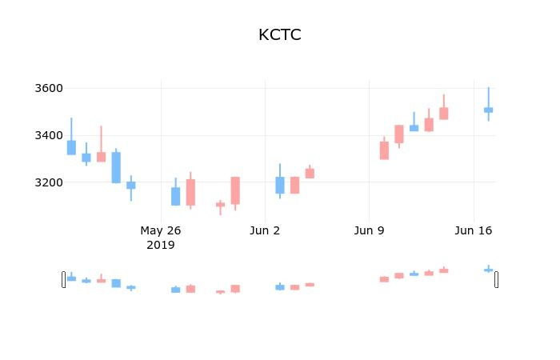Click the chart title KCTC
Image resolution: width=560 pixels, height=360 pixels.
(x=279, y=35)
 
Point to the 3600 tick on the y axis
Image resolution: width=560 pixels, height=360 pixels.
(x=49, y=88)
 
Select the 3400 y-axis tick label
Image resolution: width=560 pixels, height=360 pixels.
(x=49, y=135)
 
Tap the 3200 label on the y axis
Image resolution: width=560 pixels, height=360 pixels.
(x=49, y=182)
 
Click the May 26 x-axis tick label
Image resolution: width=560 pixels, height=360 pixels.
(x=161, y=231)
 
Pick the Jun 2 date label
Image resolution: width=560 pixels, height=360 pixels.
(x=265, y=231)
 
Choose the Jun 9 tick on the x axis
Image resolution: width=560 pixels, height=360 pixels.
(x=369, y=231)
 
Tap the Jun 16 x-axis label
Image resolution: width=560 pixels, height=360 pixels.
(x=473, y=231)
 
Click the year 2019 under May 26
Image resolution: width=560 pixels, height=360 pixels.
(x=161, y=245)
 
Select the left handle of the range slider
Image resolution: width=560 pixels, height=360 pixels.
(x=64, y=279)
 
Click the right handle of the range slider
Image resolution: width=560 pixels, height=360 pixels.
(x=496, y=279)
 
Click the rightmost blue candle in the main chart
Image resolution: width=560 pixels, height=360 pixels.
(x=488, y=110)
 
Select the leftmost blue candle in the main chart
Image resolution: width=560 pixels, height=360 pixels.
(x=71, y=147)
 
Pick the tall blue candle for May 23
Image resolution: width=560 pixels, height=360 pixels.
(x=116, y=167)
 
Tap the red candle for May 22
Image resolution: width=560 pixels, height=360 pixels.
(x=101, y=157)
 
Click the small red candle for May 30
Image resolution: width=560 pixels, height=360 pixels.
(x=220, y=205)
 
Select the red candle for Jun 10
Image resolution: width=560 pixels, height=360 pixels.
(x=384, y=150)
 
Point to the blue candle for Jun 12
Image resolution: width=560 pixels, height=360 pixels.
(x=414, y=128)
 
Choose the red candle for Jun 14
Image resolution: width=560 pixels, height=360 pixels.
(x=443, y=114)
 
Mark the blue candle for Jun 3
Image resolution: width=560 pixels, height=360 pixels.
(x=280, y=185)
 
